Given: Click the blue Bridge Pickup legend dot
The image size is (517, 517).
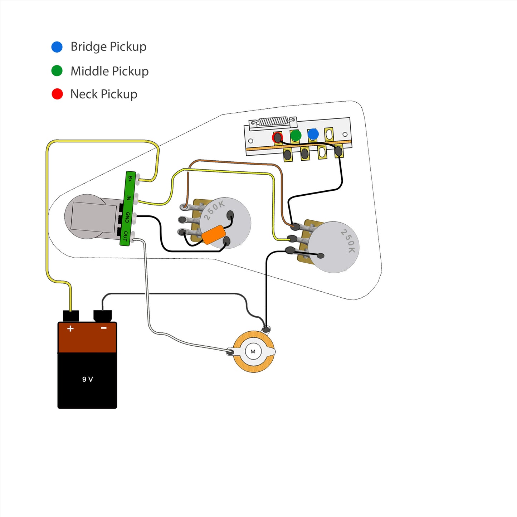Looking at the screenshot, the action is (x=57, y=47).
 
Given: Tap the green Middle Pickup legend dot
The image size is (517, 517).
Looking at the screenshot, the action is (x=57, y=70).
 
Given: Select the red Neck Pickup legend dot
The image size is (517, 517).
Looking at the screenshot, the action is (x=57, y=94).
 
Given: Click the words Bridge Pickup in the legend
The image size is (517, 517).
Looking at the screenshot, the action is (x=108, y=47).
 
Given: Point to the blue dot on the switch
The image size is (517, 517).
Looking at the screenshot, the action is (x=313, y=134).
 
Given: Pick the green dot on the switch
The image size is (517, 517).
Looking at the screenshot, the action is (x=296, y=135).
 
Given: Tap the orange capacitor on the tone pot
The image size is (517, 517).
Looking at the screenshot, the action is (x=214, y=234).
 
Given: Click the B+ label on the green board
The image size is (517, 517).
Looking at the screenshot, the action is (x=130, y=179).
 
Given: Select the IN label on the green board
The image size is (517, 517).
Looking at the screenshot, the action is (x=129, y=198).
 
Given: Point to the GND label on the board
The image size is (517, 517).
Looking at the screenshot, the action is (x=127, y=217).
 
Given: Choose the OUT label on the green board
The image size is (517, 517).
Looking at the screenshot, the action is (x=125, y=235).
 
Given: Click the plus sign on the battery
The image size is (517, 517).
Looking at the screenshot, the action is (x=70, y=328).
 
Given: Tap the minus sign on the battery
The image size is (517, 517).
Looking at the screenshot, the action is (x=103, y=328).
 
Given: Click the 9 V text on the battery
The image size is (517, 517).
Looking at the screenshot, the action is (x=87, y=379).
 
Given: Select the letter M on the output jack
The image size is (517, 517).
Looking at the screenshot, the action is (x=253, y=351).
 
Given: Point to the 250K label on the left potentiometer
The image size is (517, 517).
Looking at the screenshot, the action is (x=214, y=210).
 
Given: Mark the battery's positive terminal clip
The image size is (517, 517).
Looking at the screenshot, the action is (x=71, y=316).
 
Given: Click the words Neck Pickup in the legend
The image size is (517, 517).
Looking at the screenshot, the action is (x=104, y=94).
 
